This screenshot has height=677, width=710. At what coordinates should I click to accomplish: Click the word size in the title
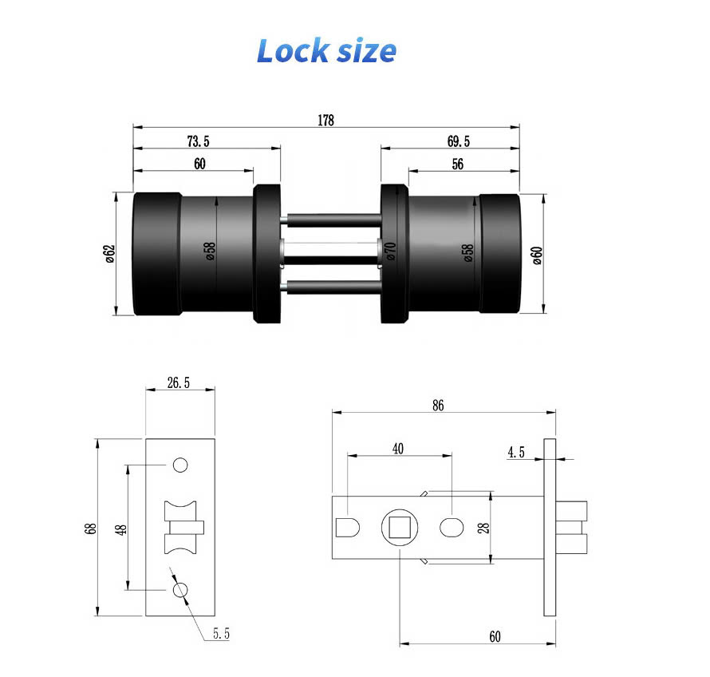click(364, 51)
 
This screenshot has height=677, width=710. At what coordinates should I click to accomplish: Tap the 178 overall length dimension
click(325, 121)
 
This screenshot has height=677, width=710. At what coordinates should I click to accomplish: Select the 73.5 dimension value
click(198, 141)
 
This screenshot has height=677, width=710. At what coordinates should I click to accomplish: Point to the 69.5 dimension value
click(459, 141)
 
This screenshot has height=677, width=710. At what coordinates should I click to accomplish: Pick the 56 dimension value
click(457, 164)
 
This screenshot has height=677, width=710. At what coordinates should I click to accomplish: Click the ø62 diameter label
click(110, 253)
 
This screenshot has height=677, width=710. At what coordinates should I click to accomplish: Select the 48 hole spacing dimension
click(120, 528)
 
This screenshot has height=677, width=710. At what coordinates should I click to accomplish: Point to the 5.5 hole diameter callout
click(221, 635)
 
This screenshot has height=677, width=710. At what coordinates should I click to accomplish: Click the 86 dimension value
click(438, 406)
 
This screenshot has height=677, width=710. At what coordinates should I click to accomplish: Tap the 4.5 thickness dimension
click(516, 453)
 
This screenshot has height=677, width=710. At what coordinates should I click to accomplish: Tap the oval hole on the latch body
click(452, 528)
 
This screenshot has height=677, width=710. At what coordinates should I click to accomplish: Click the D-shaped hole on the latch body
click(349, 528)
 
